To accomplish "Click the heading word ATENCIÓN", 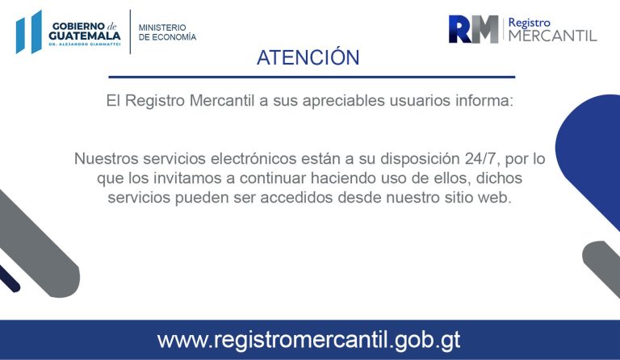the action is (x=308, y=57).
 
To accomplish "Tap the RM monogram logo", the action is (x=473, y=29).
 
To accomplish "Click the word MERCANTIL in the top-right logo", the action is (x=552, y=36).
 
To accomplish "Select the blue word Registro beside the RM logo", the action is (x=529, y=23).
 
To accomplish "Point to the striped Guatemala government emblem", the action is (x=29, y=31).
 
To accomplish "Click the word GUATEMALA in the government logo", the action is (x=85, y=36).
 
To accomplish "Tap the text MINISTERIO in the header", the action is (x=162, y=27).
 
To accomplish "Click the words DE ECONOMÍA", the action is (x=167, y=37).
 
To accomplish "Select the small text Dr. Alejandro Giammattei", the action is (x=85, y=44).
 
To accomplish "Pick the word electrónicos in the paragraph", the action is (x=253, y=159).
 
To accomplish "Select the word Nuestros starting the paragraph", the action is (x=106, y=159).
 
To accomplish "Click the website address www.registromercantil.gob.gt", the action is (x=309, y=340).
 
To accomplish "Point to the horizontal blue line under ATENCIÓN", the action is (x=312, y=77).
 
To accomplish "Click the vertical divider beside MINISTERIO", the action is (x=130, y=31).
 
